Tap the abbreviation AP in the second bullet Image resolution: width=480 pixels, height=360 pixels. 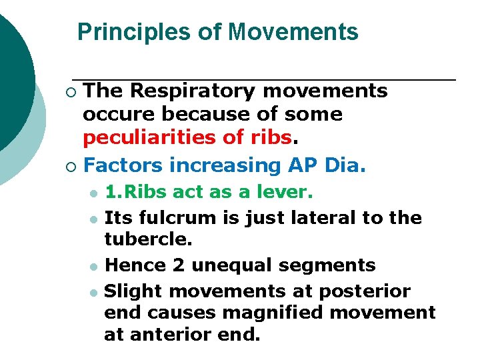297,165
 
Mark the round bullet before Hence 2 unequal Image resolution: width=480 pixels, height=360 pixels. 93,266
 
